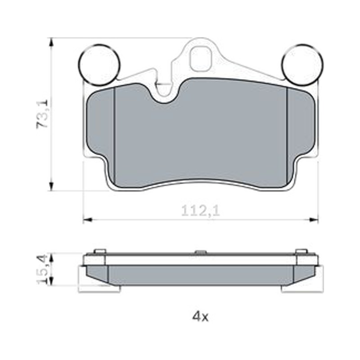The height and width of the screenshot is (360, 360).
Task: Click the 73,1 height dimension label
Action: pyautogui.click(x=42, y=114)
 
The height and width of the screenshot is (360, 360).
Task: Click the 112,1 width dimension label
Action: pyautogui.click(x=200, y=211)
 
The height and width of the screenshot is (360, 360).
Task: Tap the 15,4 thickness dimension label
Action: pyautogui.click(x=43, y=269)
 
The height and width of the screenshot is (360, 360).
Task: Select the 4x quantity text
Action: pyautogui.click(x=200, y=317)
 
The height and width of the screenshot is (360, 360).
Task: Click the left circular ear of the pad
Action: pyautogui.click(x=99, y=64)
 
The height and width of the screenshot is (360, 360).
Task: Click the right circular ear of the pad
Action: pyautogui.click(x=302, y=64)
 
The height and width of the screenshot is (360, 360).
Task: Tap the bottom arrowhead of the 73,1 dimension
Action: pyautogui.click(x=51, y=185)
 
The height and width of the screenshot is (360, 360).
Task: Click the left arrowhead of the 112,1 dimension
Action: pyautogui.click(x=88, y=220)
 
